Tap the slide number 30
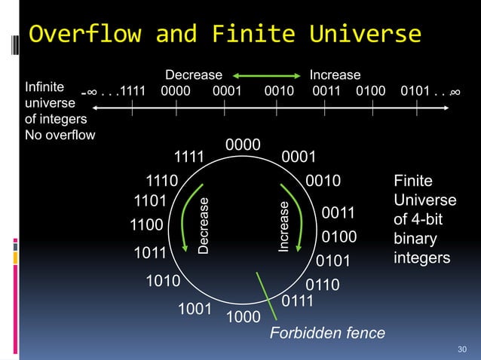(462, 348)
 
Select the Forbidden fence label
(327, 333)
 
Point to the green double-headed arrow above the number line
(265, 75)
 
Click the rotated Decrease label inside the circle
(204, 224)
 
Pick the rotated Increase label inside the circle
(284, 225)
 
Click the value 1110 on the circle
(161, 181)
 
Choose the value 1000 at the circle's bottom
(243, 317)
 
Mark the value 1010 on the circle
(163, 282)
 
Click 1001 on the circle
(194, 309)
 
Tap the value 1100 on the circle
(146, 224)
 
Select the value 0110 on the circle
(323, 285)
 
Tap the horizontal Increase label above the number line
(335, 75)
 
